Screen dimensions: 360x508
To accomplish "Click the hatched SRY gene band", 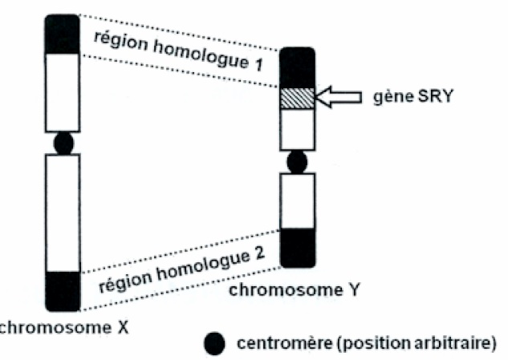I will [297, 98].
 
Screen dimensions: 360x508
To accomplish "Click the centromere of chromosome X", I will [63, 144].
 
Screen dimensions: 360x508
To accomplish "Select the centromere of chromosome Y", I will [297, 161].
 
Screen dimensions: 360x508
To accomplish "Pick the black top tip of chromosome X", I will [63, 34].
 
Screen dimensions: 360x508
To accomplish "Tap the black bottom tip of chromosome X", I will [63, 290].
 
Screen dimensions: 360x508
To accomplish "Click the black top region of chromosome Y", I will [297, 67].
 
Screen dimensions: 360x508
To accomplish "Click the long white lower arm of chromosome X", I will [63, 212].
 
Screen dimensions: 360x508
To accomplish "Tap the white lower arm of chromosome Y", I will [297, 200].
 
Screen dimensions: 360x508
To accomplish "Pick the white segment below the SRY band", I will [297, 128].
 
